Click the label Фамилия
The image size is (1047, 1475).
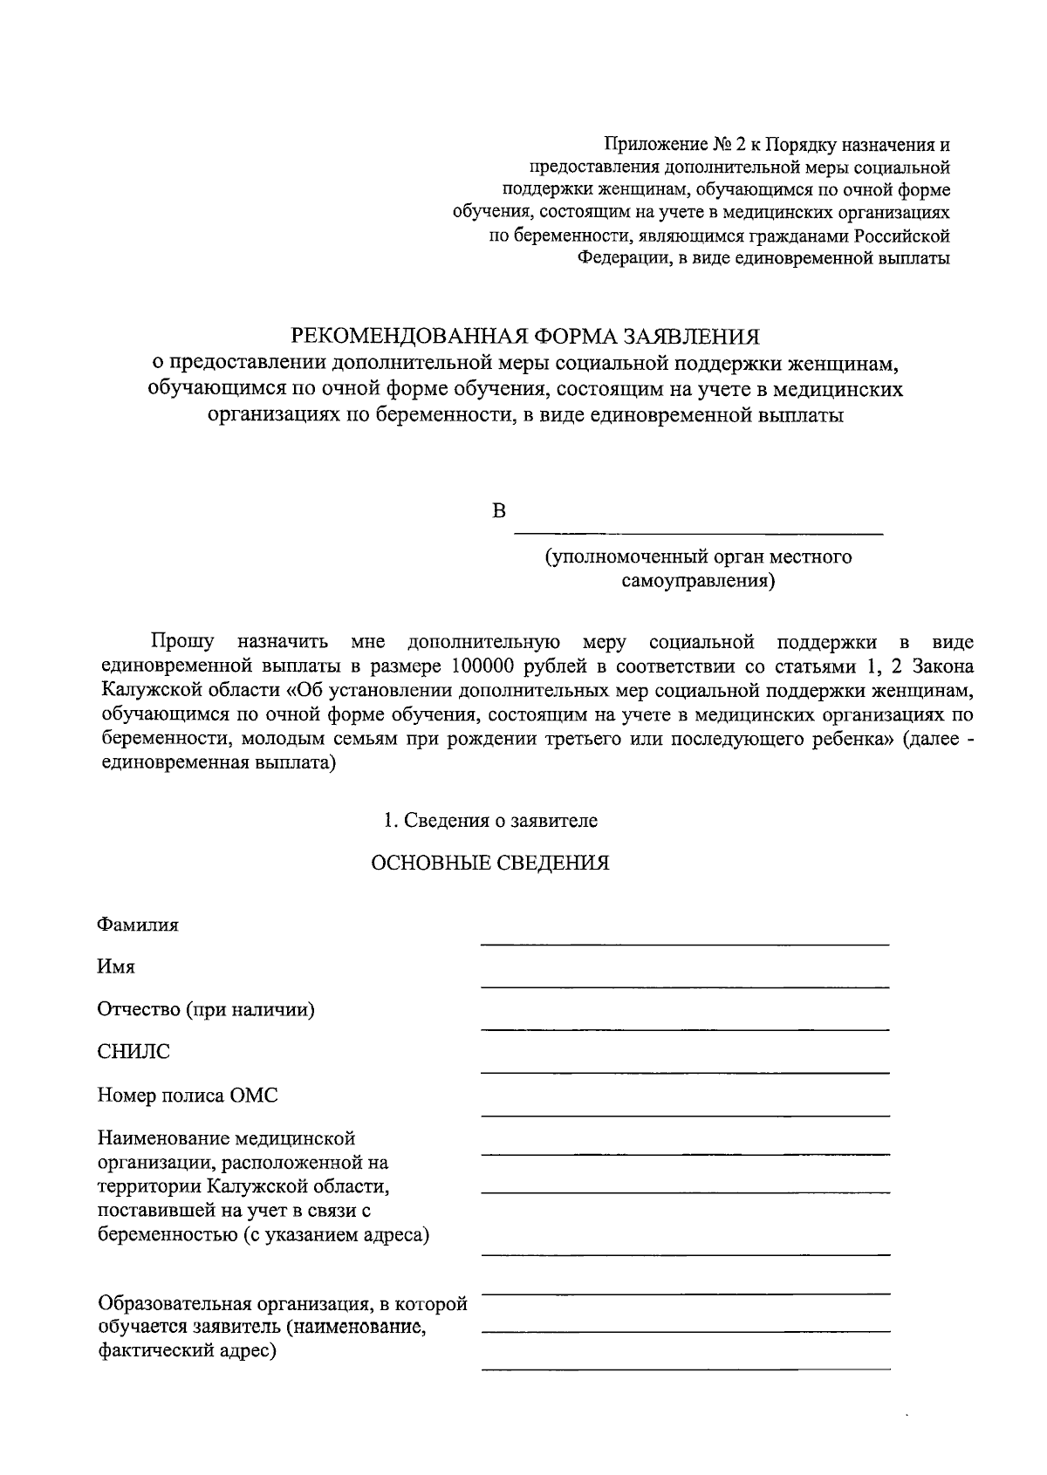[138, 925]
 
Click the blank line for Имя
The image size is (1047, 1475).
[685, 987]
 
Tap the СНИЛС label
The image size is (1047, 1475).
[133, 1052]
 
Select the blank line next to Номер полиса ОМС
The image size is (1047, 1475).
[685, 1115]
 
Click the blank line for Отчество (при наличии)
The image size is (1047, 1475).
[685, 1029]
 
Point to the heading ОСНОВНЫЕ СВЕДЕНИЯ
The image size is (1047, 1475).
[490, 864]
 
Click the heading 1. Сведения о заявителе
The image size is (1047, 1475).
[490, 821]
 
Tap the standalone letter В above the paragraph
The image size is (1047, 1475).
[499, 511]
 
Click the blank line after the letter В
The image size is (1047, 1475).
[698, 533]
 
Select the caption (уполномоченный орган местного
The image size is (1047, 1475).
[698, 557]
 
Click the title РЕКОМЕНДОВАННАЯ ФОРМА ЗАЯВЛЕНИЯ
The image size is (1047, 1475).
[525, 337]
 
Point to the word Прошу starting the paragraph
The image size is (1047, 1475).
[182, 643]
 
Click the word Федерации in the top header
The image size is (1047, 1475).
[623, 258]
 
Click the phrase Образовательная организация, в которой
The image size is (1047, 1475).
[283, 1305]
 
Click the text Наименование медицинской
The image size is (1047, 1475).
[227, 1139]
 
